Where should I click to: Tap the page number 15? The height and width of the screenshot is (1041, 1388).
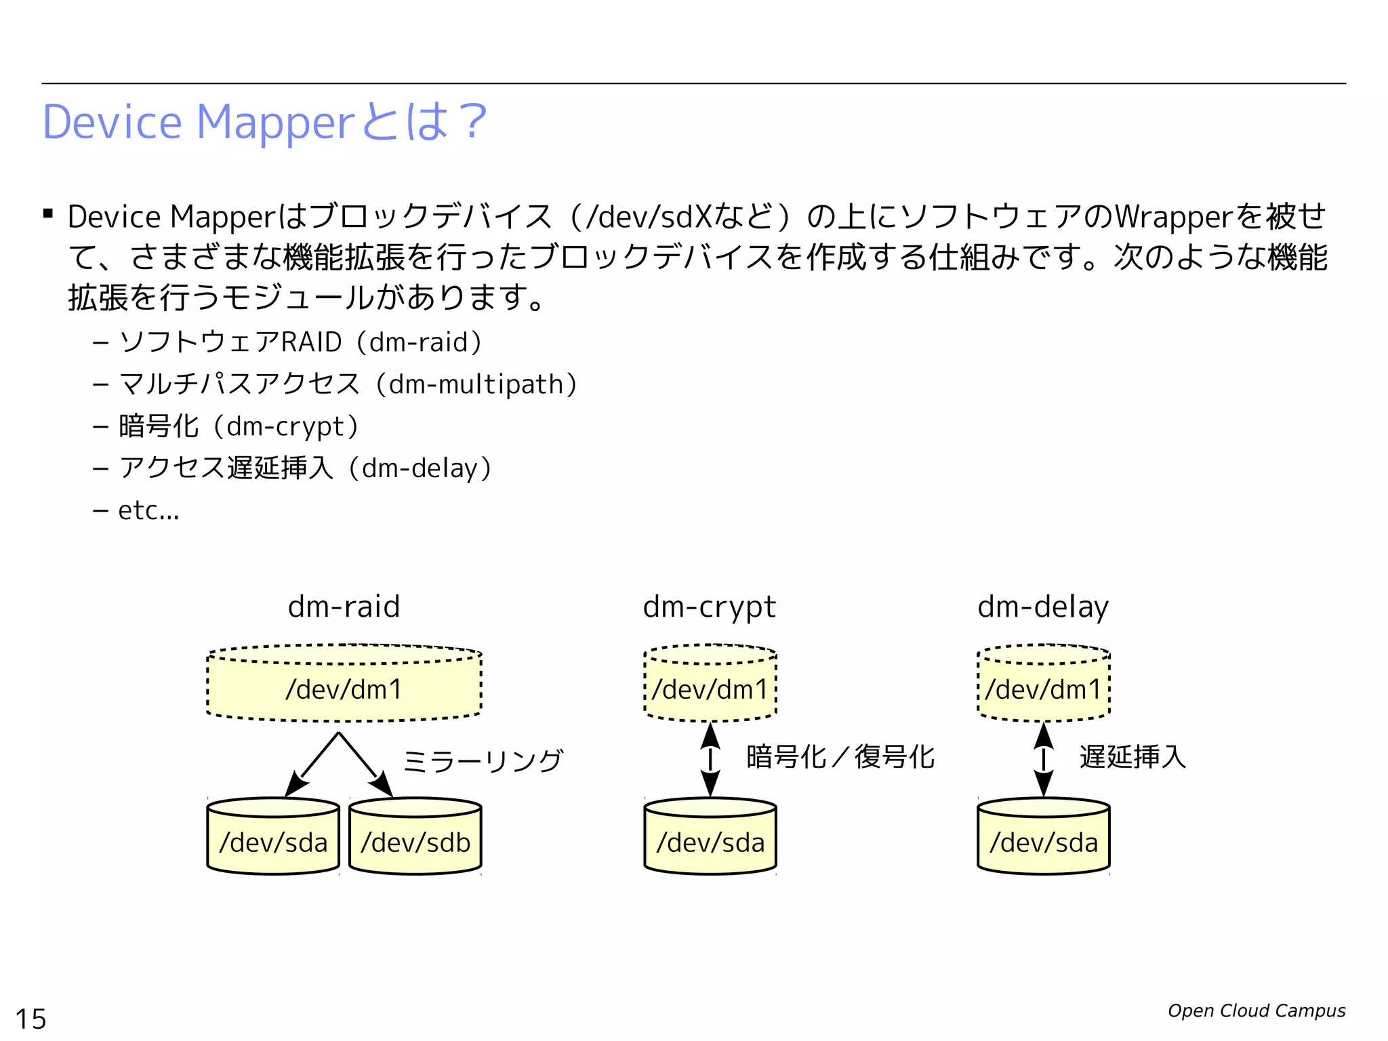pos(30,1019)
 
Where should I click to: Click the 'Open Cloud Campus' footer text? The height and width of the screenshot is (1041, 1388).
pos(1256,1011)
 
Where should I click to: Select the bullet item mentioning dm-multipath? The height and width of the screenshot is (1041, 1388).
pos(347,384)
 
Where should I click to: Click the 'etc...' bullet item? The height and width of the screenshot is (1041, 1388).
pos(148,510)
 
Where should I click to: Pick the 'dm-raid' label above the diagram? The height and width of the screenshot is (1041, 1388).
pos(344,607)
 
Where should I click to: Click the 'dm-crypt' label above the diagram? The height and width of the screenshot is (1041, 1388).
pos(709,607)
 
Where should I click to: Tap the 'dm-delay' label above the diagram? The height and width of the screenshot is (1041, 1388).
pos(1043,607)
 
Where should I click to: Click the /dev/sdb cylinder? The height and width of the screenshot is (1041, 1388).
pos(415,840)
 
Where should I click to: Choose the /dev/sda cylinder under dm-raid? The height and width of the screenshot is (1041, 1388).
pos(273,840)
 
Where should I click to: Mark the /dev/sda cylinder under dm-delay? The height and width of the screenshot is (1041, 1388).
pos(1043,840)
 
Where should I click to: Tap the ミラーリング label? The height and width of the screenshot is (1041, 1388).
pos(483,760)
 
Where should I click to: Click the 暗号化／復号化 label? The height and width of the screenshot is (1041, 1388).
pos(840,757)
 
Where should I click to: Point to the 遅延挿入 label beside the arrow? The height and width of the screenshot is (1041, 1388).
pos(1132,757)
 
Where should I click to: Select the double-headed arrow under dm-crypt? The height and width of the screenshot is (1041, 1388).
pos(710,759)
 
